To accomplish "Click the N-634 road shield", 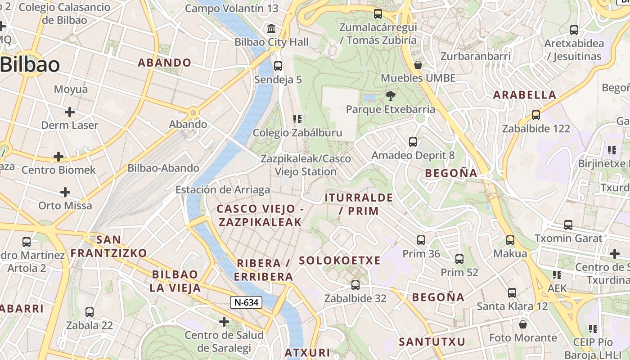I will (246, 302).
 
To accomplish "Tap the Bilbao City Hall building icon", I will (272, 29).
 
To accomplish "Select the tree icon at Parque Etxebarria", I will (390, 95).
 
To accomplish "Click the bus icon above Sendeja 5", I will (278, 66).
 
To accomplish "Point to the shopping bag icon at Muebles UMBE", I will (418, 65).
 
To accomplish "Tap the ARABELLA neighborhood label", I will (525, 95).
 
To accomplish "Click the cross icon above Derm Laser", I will (70, 112).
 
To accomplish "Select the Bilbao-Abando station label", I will (163, 168).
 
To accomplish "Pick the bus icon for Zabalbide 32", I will (355, 285).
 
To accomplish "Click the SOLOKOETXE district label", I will (340, 261).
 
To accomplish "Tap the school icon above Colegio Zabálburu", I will (297, 119).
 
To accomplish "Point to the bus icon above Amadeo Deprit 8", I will (413, 142).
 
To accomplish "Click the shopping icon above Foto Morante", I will (523, 324).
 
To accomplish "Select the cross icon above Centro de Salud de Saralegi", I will (224, 322).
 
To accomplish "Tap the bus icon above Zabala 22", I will (90, 312).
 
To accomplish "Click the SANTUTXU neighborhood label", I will (432, 342).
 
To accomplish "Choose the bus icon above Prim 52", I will (459, 259).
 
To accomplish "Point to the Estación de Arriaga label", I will (223, 189).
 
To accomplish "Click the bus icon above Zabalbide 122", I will (535, 115).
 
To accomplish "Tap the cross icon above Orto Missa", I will (65, 192).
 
